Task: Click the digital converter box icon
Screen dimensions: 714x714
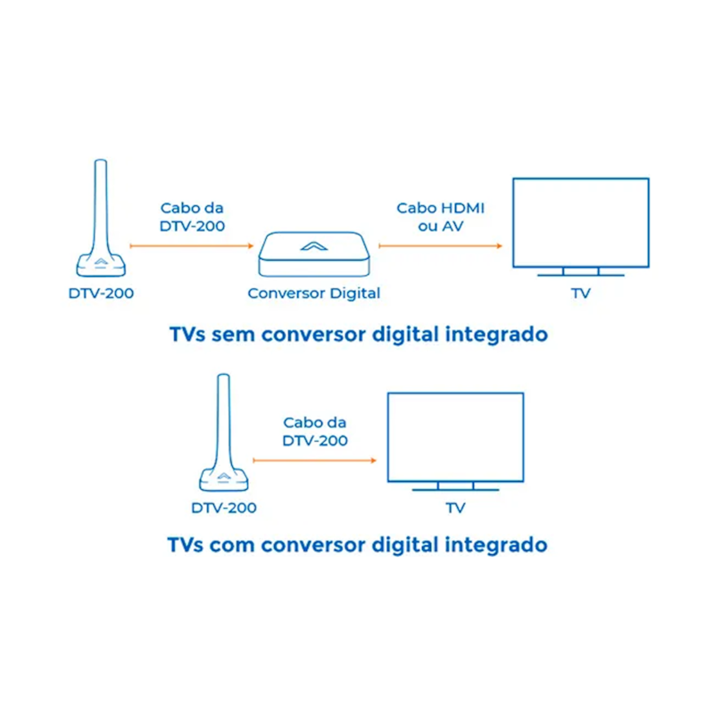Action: click(314, 254)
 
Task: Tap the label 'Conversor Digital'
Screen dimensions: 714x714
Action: click(314, 294)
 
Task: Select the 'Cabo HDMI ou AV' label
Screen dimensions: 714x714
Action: click(440, 217)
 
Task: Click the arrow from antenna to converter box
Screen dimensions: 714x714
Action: click(191, 246)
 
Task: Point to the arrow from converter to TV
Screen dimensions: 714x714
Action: click(440, 246)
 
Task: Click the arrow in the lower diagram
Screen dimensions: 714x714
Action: click(315, 461)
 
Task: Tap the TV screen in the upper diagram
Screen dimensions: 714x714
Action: click(581, 222)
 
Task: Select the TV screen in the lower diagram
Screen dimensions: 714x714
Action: click(455, 437)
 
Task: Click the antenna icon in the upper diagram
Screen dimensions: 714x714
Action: click(101, 219)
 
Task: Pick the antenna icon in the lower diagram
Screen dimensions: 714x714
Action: click(224, 434)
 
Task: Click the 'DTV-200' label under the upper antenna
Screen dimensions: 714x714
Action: click(101, 294)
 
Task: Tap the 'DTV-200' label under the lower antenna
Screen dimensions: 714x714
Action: click(224, 508)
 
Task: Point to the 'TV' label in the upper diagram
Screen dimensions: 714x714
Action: click(581, 294)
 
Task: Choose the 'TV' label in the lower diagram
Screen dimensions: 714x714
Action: click(456, 508)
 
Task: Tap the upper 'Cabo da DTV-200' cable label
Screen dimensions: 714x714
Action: click(192, 217)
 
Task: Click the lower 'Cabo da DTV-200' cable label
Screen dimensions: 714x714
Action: click(315, 431)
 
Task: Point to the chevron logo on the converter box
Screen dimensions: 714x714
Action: click(314, 246)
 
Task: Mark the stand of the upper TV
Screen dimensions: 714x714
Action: click(581, 272)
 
